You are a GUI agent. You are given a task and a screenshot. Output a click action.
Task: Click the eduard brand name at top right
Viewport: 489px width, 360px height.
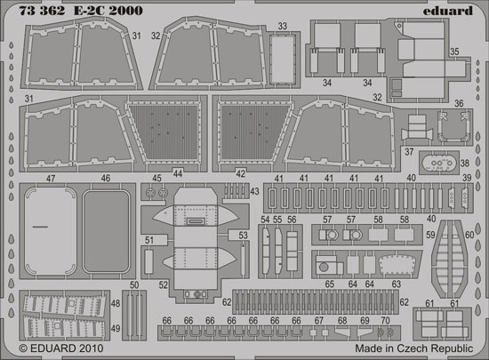pyautogui.click(x=448, y=12)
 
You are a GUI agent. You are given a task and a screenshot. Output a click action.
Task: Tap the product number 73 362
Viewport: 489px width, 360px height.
pyautogui.click(x=42, y=11)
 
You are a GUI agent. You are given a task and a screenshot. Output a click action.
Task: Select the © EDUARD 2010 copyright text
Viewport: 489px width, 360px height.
pyautogui.click(x=61, y=348)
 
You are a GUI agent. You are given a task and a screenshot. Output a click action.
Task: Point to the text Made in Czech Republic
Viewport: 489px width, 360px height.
pyautogui.click(x=414, y=348)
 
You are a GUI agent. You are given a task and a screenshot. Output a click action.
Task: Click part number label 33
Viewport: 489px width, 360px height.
pyautogui.click(x=282, y=26)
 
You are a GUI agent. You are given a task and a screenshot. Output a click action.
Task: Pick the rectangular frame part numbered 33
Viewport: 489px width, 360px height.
pyautogui.click(x=283, y=60)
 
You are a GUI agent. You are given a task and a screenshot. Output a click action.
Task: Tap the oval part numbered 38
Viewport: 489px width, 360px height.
pyautogui.click(x=439, y=163)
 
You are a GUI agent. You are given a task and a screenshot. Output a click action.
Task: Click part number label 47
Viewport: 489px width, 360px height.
pyautogui.click(x=51, y=179)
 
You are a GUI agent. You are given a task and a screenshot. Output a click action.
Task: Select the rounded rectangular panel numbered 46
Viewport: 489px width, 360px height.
pyautogui.click(x=106, y=231)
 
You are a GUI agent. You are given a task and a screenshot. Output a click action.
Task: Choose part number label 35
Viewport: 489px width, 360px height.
pyautogui.click(x=454, y=52)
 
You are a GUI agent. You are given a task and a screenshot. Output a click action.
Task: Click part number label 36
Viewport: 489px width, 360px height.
pyautogui.click(x=459, y=103)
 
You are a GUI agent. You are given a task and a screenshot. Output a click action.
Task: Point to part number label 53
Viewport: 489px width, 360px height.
pyautogui.click(x=243, y=236)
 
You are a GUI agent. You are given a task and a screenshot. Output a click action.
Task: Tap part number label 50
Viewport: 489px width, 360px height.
pyautogui.click(x=134, y=284)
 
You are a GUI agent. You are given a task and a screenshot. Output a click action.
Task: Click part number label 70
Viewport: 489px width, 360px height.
pyautogui.click(x=386, y=320)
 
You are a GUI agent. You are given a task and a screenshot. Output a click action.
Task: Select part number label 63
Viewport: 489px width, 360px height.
pyautogui.click(x=396, y=284)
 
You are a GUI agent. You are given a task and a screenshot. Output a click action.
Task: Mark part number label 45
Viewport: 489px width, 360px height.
pyautogui.click(x=156, y=178)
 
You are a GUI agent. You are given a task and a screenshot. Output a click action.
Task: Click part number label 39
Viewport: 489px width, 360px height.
pyautogui.click(x=467, y=178)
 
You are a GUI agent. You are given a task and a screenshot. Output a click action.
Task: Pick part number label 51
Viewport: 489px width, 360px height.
pyautogui.click(x=149, y=240)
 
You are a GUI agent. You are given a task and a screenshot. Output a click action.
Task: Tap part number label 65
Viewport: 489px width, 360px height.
pyautogui.click(x=329, y=284)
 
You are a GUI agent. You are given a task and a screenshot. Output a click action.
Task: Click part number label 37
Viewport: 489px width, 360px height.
pyautogui.click(x=409, y=152)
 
